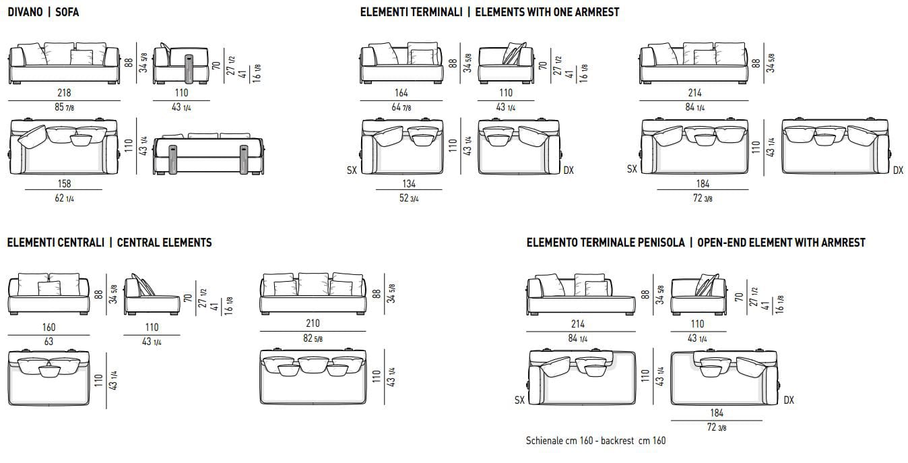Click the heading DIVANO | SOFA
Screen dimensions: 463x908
point(43,12)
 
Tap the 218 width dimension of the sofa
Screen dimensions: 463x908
point(64,93)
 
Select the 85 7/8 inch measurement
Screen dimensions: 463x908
point(64,107)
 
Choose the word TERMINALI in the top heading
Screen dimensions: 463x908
point(439,12)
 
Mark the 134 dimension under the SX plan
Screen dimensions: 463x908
point(409,183)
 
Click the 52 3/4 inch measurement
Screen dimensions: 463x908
point(409,197)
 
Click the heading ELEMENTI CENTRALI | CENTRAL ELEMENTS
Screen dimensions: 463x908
point(109,243)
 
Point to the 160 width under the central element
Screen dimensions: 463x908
point(48,327)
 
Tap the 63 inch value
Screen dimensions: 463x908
point(48,341)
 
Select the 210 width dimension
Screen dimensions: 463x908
point(313,323)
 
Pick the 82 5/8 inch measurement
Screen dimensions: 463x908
point(313,338)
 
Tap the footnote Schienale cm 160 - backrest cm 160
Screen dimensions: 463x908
point(595,441)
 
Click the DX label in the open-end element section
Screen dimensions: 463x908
point(789,400)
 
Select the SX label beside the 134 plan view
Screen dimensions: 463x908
point(352,171)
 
